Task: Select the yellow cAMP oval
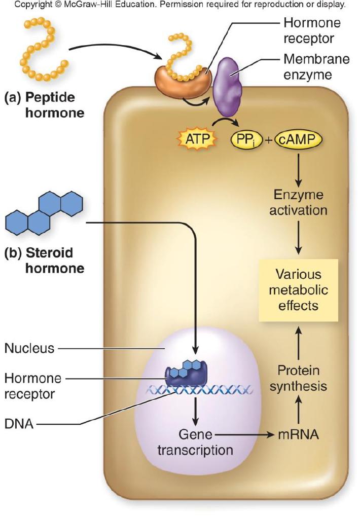tap(299, 138)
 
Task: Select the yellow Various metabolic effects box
tap(298, 290)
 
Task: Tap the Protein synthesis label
tap(298, 378)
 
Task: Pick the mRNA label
tap(298, 434)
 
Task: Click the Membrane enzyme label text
tap(316, 67)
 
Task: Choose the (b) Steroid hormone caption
tap(44, 260)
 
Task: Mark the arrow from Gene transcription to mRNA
tap(243, 434)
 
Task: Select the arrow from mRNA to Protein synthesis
tap(298, 412)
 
